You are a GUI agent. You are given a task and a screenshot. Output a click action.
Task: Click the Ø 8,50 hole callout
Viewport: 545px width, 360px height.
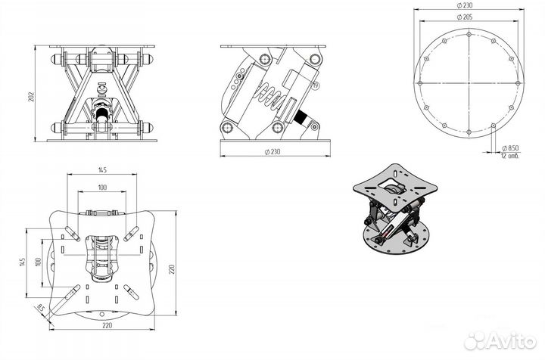(512, 149)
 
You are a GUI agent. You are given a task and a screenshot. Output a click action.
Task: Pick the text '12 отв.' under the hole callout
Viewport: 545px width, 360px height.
(512, 157)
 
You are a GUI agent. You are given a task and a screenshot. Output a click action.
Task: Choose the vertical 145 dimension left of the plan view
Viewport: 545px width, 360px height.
(23, 261)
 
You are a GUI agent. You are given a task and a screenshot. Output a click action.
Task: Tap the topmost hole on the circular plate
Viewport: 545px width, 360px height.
(469, 35)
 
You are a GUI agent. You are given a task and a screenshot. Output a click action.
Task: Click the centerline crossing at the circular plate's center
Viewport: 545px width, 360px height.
(469, 82)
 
